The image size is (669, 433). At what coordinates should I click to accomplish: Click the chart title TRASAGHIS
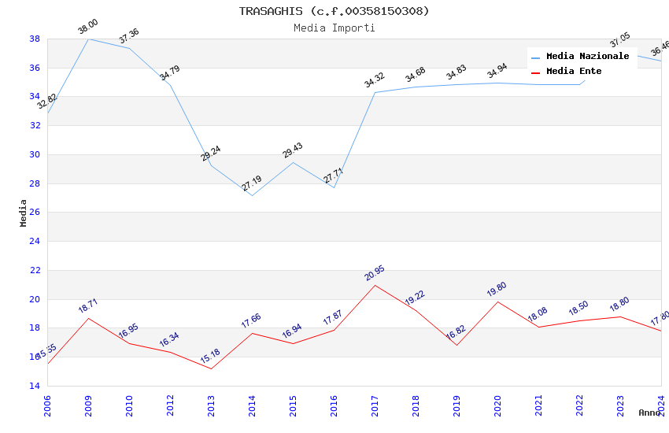coord(334,11)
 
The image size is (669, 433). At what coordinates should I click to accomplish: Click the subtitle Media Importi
coord(334,28)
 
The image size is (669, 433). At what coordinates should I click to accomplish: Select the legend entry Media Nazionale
coord(587,57)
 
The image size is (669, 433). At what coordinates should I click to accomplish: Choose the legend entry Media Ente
coord(574,71)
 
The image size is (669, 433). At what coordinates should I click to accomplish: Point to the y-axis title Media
coord(24,213)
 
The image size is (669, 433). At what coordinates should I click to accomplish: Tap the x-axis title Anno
coord(649,413)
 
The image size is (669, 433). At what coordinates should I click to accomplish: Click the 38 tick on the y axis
coord(35,39)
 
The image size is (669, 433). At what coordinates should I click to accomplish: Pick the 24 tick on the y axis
coord(35,242)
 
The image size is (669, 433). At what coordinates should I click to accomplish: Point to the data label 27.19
coord(252,183)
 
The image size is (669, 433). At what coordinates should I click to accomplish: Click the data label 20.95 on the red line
coord(375,273)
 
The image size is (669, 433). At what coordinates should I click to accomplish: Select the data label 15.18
coord(211,357)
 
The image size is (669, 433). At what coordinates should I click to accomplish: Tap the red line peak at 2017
coord(375,285)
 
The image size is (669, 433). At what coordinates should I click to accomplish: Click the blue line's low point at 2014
coord(252,195)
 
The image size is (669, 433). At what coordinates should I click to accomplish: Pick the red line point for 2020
coord(497,302)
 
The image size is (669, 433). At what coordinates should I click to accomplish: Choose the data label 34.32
coord(375,80)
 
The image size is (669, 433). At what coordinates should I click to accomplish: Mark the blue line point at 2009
coord(88,39)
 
